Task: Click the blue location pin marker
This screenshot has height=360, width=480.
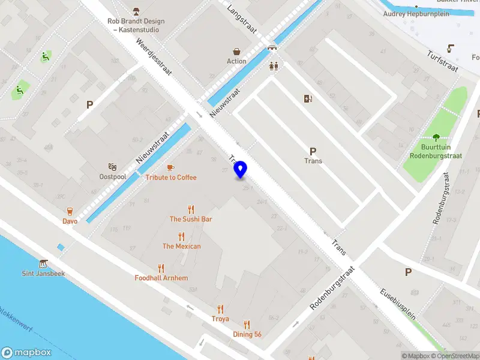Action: coord(241,169)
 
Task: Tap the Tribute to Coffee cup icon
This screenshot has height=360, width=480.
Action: coord(170,167)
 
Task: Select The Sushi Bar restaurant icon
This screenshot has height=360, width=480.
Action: coord(191,209)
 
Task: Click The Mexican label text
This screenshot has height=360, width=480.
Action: coord(181,246)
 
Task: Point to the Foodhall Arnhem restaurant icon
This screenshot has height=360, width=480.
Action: coord(161,268)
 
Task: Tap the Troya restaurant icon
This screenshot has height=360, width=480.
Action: coord(220,309)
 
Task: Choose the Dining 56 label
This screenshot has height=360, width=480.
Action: coord(247,334)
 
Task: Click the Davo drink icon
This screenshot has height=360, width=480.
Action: coord(70,211)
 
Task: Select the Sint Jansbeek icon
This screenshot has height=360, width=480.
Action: coord(43,264)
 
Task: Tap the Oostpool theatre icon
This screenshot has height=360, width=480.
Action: coord(112,167)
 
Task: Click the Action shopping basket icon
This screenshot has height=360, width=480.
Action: coord(236,52)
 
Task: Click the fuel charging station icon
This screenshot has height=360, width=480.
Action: coord(308,99)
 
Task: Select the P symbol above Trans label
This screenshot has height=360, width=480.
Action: coord(313,151)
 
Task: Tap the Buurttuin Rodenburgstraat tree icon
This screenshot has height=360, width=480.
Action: coord(436,137)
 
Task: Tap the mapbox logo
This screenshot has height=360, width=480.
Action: coord(27,353)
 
